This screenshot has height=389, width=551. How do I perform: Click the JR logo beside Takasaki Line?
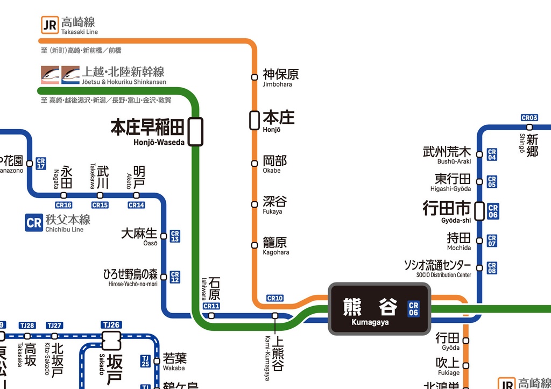coord(50,24)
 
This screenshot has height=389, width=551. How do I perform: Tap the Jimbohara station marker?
coord(255,77)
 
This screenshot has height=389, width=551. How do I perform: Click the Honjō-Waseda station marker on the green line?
coord(195,131)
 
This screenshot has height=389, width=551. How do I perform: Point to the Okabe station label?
coord(274,163)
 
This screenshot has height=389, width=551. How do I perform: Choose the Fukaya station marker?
coord(255,204)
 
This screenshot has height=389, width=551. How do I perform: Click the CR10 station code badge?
coord(274,299)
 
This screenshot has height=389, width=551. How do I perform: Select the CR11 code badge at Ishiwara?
coord(211,306)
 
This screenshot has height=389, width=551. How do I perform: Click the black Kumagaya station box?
coord(379,309)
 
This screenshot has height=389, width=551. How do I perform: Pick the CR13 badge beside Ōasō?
coord(175,236)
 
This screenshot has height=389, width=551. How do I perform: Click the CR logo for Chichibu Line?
coord(33,222)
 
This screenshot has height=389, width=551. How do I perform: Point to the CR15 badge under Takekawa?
coord(100,205)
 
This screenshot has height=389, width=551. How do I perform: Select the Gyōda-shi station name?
coord(447,210)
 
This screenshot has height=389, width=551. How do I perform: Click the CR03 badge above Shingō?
coord(529,117)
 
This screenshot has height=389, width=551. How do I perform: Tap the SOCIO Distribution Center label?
coord(437,268)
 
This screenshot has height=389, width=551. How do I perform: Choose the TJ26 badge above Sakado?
coord(111,325)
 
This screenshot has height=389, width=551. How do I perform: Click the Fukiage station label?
coord(448,365)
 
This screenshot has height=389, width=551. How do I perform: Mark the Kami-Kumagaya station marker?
coord(275,316)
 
